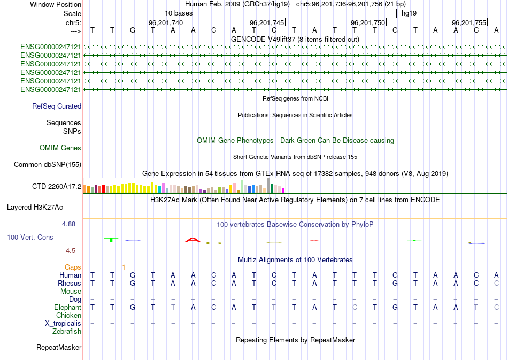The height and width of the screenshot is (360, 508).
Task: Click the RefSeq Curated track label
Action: point(57,106)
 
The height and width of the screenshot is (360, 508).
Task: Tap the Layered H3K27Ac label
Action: point(42,207)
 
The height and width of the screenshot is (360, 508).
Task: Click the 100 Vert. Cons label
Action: point(30,237)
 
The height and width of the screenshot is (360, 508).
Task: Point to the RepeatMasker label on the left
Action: point(59,348)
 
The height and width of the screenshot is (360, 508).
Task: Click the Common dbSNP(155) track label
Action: point(47,165)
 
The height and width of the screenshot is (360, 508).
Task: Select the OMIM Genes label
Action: point(60,148)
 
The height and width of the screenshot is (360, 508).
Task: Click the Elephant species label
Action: point(67,308)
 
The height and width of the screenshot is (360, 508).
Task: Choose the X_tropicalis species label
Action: point(63,324)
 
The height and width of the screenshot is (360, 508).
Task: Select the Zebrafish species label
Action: point(67,332)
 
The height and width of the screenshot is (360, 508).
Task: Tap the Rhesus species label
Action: point(70,283)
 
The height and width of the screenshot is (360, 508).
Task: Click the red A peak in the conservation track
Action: point(192,240)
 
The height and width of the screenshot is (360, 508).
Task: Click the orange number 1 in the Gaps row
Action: point(124,267)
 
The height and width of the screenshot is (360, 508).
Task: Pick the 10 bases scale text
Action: point(179,13)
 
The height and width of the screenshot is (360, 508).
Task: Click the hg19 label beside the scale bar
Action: point(409,13)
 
